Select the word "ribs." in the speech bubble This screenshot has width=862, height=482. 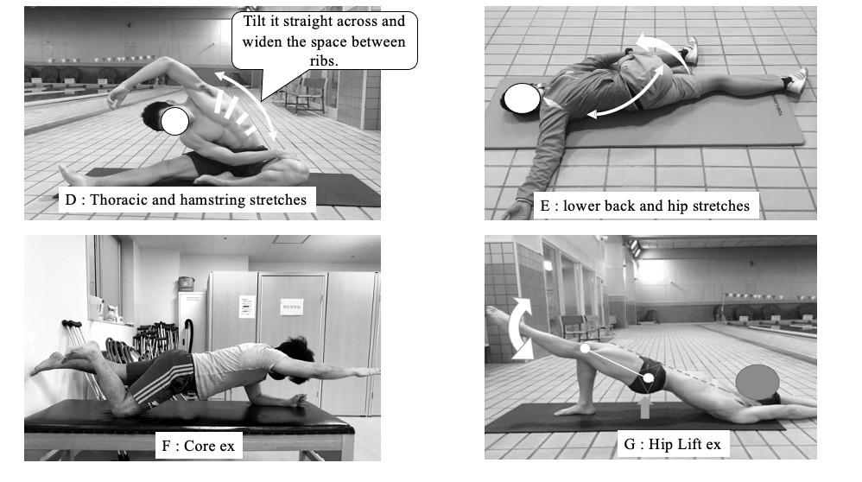(x=324, y=60)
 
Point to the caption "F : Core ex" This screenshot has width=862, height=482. (x=198, y=446)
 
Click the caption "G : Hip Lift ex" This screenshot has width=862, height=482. (x=672, y=444)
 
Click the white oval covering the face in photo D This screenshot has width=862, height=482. (x=174, y=121)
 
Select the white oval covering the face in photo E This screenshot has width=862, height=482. (x=523, y=98)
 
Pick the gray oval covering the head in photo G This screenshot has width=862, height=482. (x=757, y=382)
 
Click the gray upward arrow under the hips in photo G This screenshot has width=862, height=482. (x=645, y=407)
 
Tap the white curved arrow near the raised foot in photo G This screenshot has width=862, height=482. (x=519, y=328)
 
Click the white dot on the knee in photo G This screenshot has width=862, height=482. (x=585, y=348)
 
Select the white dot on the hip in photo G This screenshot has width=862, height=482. (x=649, y=378)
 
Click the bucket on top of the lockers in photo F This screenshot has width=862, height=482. (x=187, y=283)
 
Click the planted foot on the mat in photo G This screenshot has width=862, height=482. (x=574, y=409)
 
